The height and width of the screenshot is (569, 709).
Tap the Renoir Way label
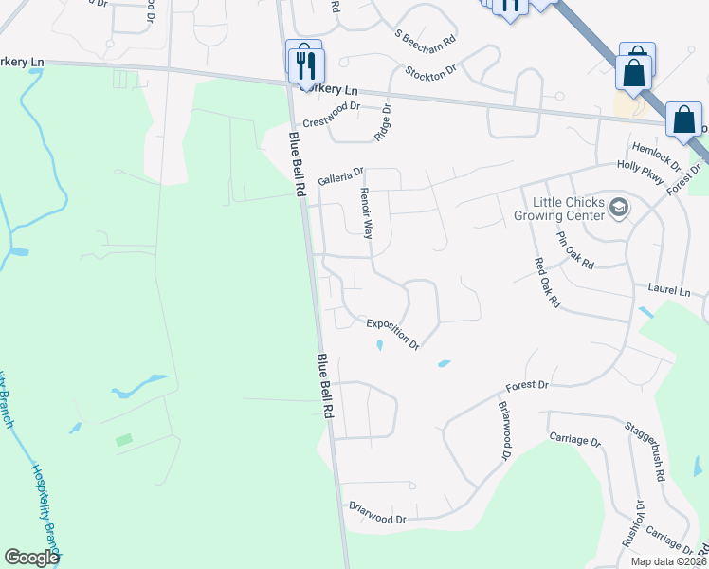[367, 212]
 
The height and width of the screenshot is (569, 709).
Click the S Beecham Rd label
[426, 43]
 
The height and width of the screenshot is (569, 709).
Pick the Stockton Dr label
[431, 72]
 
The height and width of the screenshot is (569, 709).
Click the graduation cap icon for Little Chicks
[619, 208]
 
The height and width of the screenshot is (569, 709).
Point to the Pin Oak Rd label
[574, 249]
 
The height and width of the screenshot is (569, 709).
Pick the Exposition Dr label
[393, 333]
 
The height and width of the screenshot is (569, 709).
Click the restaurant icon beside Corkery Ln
[306, 64]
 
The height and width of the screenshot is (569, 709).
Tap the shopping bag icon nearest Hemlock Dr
[683, 119]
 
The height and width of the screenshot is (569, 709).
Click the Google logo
[31, 558]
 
